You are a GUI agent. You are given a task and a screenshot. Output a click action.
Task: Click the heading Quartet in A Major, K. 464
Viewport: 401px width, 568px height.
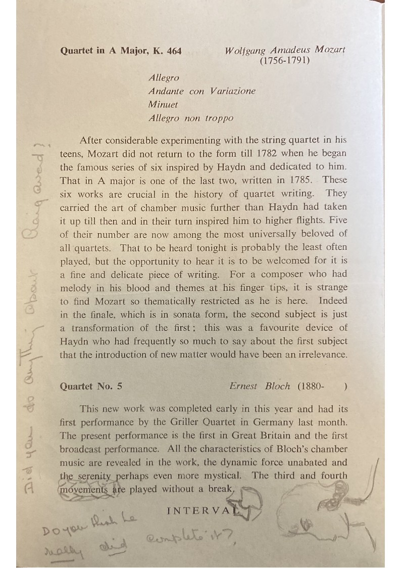[121, 51]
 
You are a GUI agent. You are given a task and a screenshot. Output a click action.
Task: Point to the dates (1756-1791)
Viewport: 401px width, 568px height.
[284, 61]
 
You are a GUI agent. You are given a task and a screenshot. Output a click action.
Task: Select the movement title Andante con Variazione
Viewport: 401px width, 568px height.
[202, 92]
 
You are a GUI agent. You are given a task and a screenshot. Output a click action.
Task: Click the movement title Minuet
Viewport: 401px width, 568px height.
[163, 105]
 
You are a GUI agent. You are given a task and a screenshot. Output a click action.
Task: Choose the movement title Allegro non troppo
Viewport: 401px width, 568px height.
[191, 118]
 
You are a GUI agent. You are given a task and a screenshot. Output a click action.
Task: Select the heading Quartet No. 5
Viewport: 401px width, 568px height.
[91, 386]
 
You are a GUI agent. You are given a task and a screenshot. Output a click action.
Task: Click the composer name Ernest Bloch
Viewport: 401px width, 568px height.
[260, 386]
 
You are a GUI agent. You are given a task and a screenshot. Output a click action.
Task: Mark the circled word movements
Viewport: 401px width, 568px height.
[79, 489]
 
